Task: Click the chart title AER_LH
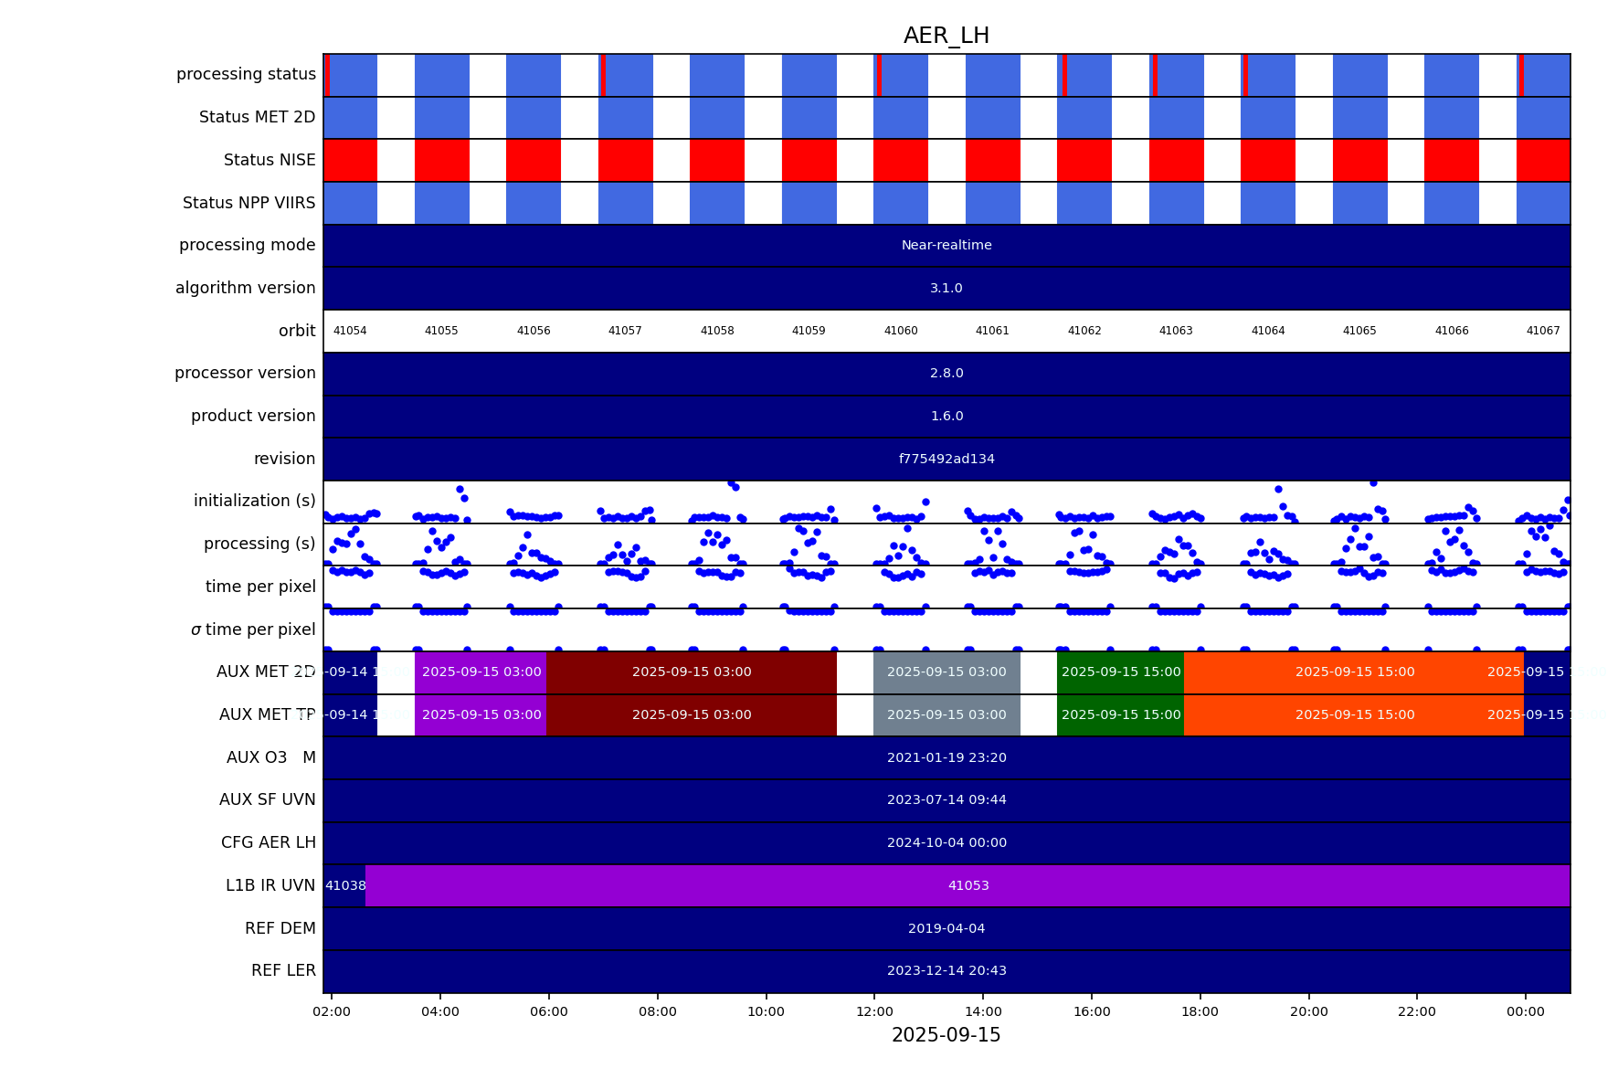946,36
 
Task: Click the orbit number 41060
901,331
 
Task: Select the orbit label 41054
350,331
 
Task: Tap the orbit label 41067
1543,331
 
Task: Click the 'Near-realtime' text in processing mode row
946,245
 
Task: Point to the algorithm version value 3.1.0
946,288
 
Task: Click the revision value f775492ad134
946,459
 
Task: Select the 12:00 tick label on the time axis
874,1011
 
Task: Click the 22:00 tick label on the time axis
1417,1011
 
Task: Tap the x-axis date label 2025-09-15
946,1035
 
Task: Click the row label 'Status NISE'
270,160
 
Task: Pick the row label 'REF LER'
283,970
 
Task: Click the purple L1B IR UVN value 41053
968,885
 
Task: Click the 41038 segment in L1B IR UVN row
345,885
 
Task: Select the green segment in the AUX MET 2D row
1121,672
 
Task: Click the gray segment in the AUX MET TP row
946,714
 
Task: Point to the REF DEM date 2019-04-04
946,928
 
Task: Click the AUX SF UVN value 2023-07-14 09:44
946,799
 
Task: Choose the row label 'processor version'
245,373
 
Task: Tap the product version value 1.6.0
946,416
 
